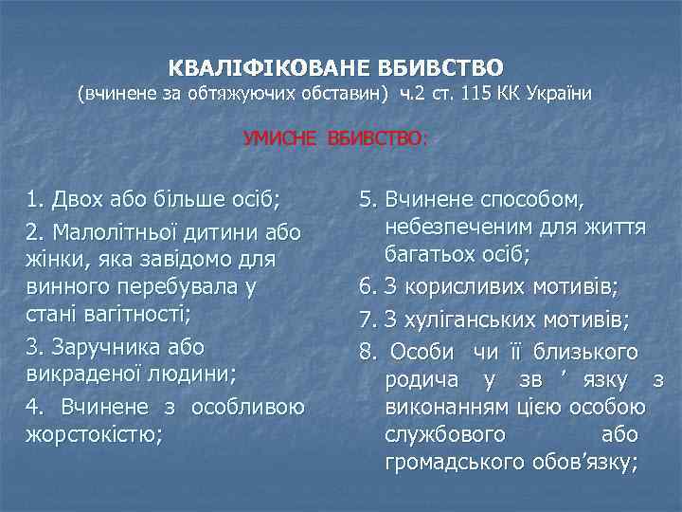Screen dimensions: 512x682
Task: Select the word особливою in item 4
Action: (x=248, y=408)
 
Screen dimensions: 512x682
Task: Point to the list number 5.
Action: (x=368, y=201)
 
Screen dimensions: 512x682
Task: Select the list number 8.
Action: (x=368, y=353)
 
